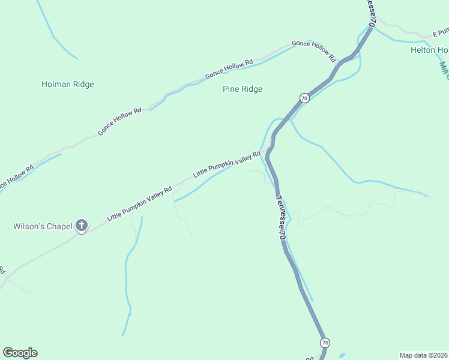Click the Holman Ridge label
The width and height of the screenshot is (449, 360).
point(67,84)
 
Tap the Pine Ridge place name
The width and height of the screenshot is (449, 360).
point(243,89)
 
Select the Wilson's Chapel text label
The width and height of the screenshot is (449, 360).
point(42,226)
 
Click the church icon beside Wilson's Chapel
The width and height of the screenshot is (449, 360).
point(82,226)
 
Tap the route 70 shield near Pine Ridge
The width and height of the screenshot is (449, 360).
point(304,97)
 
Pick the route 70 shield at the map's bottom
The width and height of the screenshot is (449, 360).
point(325,343)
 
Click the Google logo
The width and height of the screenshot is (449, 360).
point(20,353)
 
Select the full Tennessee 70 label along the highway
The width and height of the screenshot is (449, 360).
point(280,218)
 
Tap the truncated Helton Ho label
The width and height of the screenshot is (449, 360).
point(429,50)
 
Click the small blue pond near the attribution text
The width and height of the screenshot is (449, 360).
point(342,355)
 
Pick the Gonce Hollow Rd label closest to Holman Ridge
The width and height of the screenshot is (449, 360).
point(119,121)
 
